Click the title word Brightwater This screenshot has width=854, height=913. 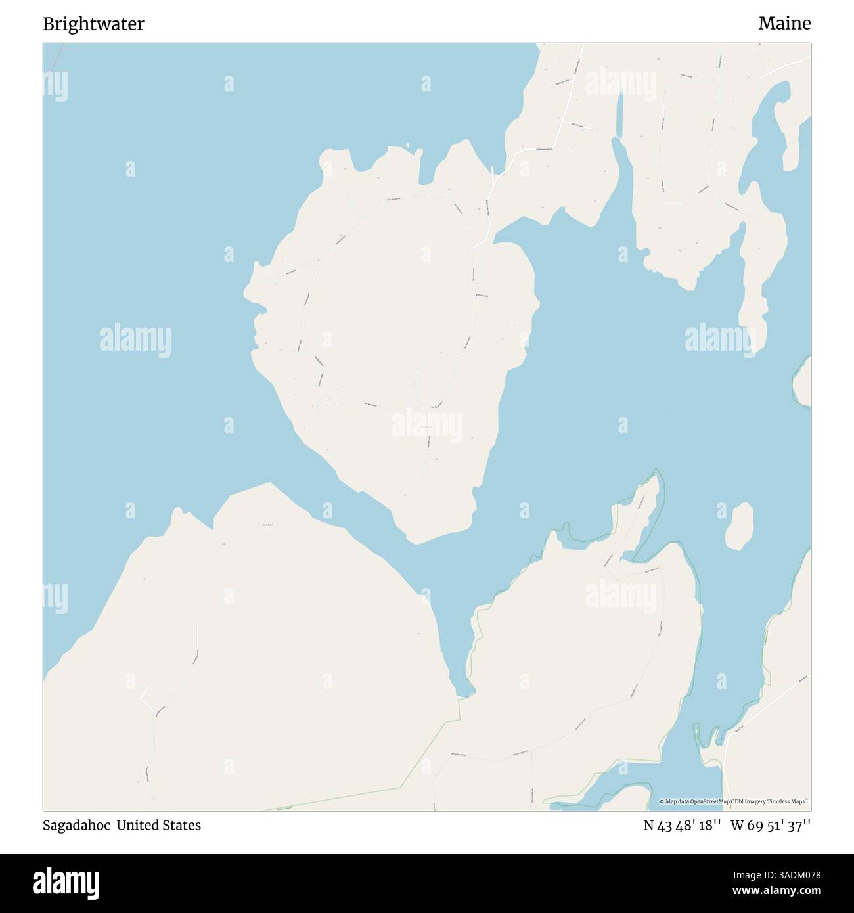coord(93,24)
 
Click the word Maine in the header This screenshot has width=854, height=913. coord(784,24)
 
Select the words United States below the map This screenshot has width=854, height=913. coord(159,825)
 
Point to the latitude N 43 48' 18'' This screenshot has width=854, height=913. coord(683,825)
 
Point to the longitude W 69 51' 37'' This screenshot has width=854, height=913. coord(771,825)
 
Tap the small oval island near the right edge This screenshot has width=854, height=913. coord(739,527)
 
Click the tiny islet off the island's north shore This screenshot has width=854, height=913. coord(408,145)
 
